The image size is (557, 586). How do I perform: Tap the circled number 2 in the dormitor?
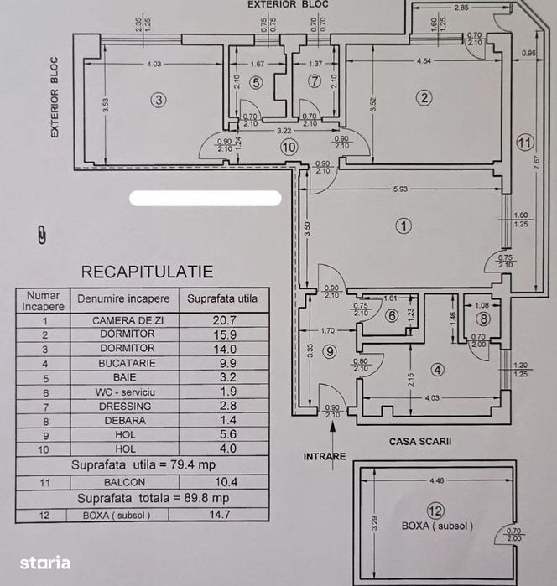pyautogui.click(x=425, y=98)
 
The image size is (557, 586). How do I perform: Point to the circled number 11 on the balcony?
pyautogui.click(x=524, y=142)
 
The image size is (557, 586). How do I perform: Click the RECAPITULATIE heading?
pyautogui.click(x=146, y=272)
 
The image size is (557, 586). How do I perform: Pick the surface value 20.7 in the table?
pyautogui.click(x=221, y=320)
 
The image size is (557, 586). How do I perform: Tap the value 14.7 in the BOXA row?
pyautogui.click(x=221, y=516)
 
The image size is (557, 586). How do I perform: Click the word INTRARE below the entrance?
pyautogui.click(x=325, y=457)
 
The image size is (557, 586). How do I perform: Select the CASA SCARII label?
pyautogui.click(x=414, y=441)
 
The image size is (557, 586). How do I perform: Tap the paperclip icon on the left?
pyautogui.click(x=43, y=234)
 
